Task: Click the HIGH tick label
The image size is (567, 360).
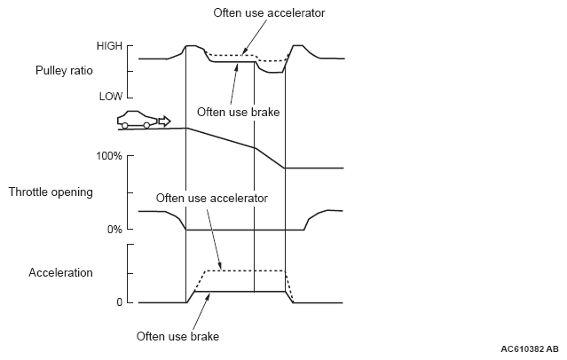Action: click(x=109, y=45)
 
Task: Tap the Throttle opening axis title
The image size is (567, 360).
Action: click(x=51, y=192)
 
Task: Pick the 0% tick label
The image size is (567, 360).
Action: click(x=114, y=230)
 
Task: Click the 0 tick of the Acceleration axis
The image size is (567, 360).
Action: click(x=118, y=303)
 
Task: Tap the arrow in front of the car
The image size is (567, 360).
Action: click(x=163, y=120)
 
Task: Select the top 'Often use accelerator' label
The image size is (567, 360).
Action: click(x=269, y=12)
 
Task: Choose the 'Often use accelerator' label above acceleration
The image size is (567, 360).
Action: click(x=211, y=198)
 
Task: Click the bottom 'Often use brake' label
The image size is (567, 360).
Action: click(x=177, y=336)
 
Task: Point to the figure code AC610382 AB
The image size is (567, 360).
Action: click(x=529, y=349)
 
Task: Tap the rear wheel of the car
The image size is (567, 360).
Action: click(x=125, y=125)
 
